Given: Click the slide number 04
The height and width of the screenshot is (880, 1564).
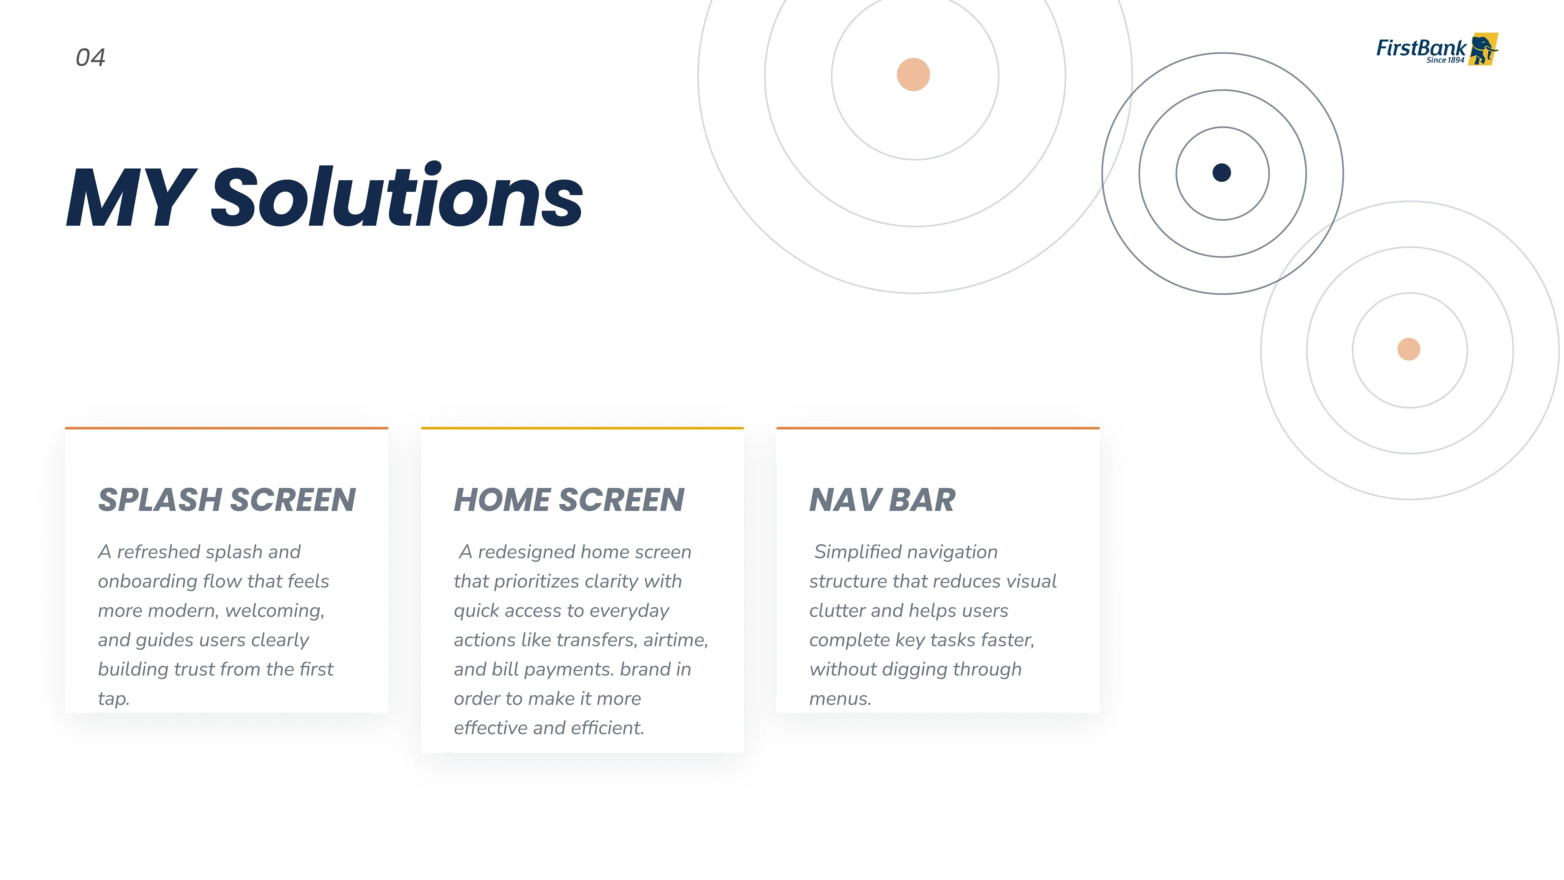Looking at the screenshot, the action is [90, 58].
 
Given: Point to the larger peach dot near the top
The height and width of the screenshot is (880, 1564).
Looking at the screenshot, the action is [913, 75].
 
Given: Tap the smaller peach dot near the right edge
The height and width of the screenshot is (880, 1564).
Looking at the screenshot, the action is [1408, 349].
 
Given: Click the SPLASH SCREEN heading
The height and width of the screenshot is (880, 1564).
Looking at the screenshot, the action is [227, 500].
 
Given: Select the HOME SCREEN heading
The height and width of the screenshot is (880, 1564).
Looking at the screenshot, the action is [569, 500].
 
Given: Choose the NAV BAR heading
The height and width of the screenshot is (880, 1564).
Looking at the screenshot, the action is [882, 500].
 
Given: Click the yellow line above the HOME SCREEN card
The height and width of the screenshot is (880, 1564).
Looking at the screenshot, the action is [582, 428].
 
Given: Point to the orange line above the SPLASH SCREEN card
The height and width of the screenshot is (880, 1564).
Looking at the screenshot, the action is [226, 428].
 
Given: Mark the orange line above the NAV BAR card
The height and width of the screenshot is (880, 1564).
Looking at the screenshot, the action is [938, 428].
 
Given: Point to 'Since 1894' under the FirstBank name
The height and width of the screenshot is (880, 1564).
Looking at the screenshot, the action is [1445, 60].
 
